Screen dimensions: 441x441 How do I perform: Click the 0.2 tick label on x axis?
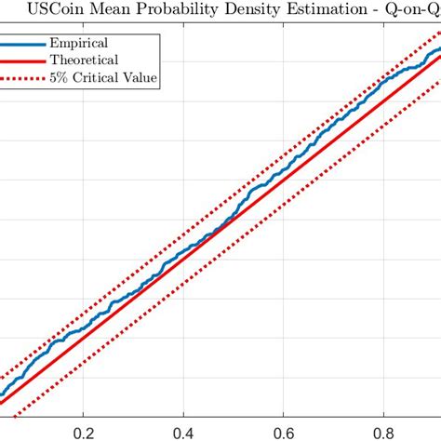(84, 431)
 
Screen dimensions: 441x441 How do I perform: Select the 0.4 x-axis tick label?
(184, 431)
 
